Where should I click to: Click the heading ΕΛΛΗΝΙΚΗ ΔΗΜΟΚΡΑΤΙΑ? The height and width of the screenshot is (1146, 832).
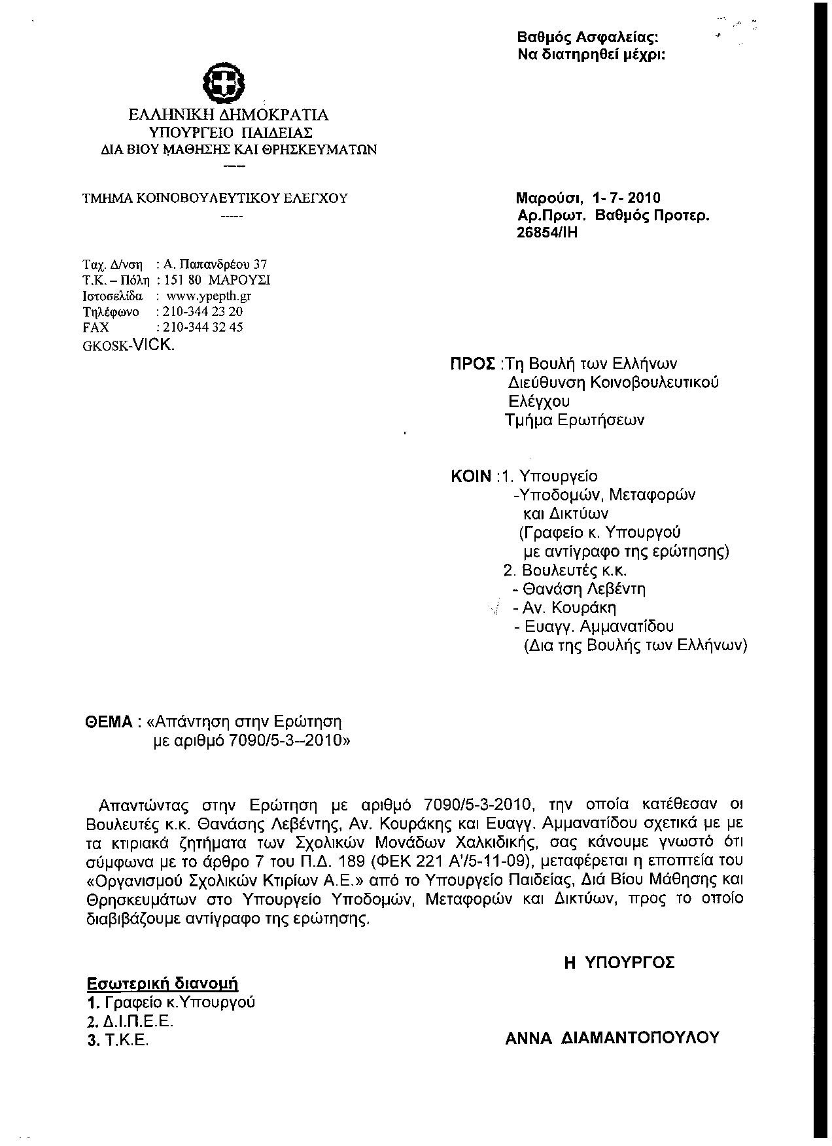tap(228, 116)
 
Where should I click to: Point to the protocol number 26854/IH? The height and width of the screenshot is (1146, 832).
tap(547, 232)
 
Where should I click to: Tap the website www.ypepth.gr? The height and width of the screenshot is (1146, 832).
tap(209, 296)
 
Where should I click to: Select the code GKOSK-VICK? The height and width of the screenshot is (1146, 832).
tap(129, 345)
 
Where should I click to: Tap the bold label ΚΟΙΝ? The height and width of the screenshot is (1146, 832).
tap(471, 476)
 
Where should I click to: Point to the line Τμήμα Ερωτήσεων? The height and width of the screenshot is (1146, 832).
tap(575, 420)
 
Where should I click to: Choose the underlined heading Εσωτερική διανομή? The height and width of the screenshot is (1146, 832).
tap(162, 984)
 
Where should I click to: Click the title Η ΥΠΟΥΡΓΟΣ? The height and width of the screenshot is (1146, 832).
tap(619, 962)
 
